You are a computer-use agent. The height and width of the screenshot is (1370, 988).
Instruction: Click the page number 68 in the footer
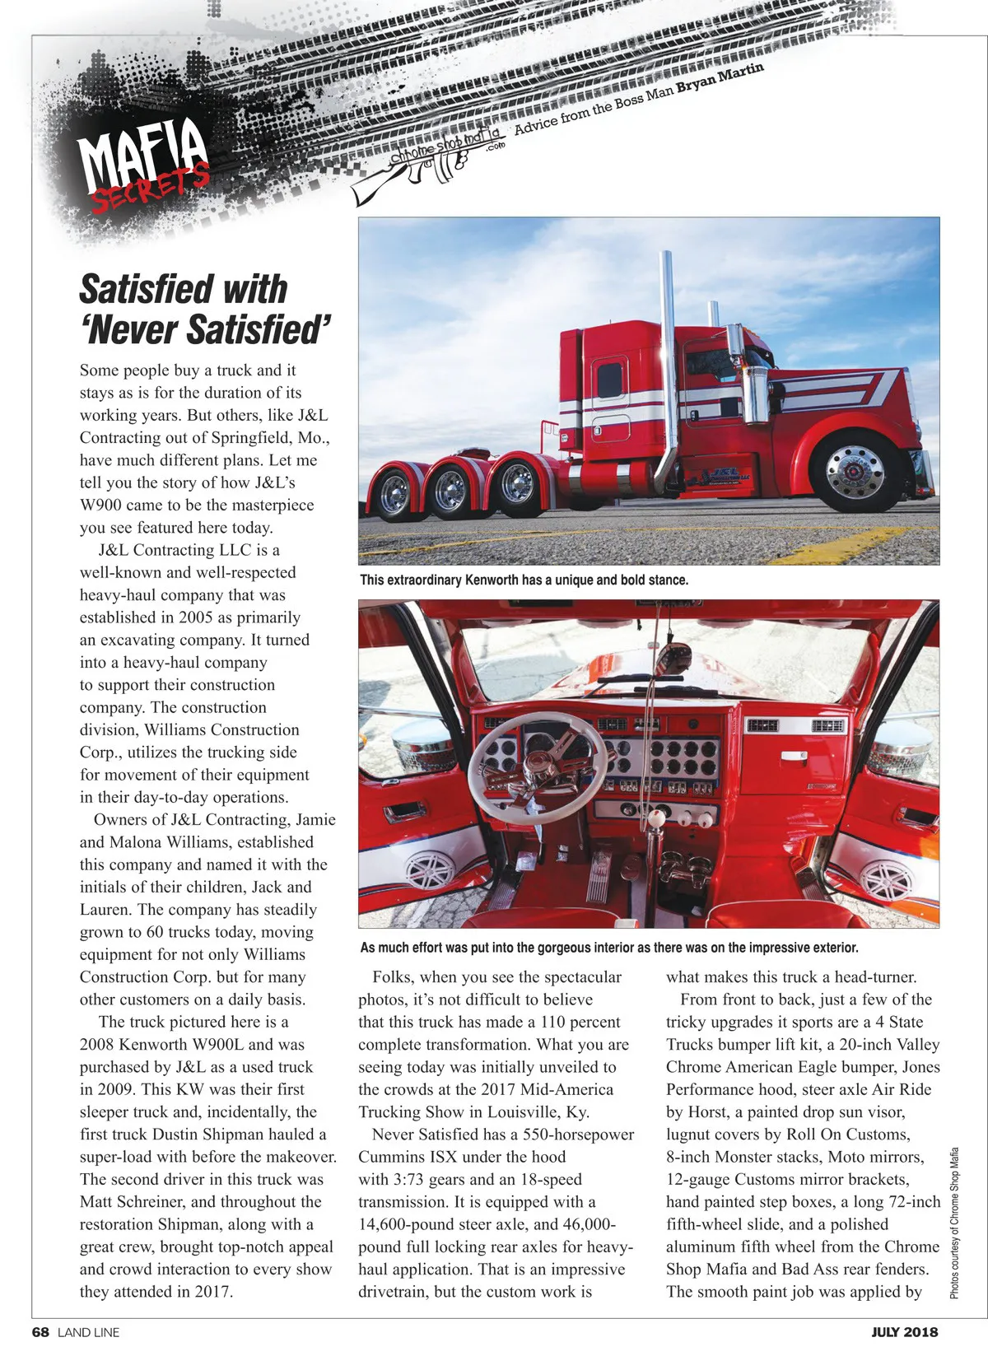(41, 1332)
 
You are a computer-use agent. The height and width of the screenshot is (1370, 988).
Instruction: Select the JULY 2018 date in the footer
(904, 1332)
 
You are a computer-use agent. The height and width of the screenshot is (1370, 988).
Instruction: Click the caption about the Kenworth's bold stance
(524, 580)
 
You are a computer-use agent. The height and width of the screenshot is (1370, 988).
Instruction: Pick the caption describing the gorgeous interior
(609, 948)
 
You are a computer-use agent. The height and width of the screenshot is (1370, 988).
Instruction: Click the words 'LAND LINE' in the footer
(88, 1332)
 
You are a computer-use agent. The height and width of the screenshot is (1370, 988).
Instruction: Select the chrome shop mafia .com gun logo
(428, 161)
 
